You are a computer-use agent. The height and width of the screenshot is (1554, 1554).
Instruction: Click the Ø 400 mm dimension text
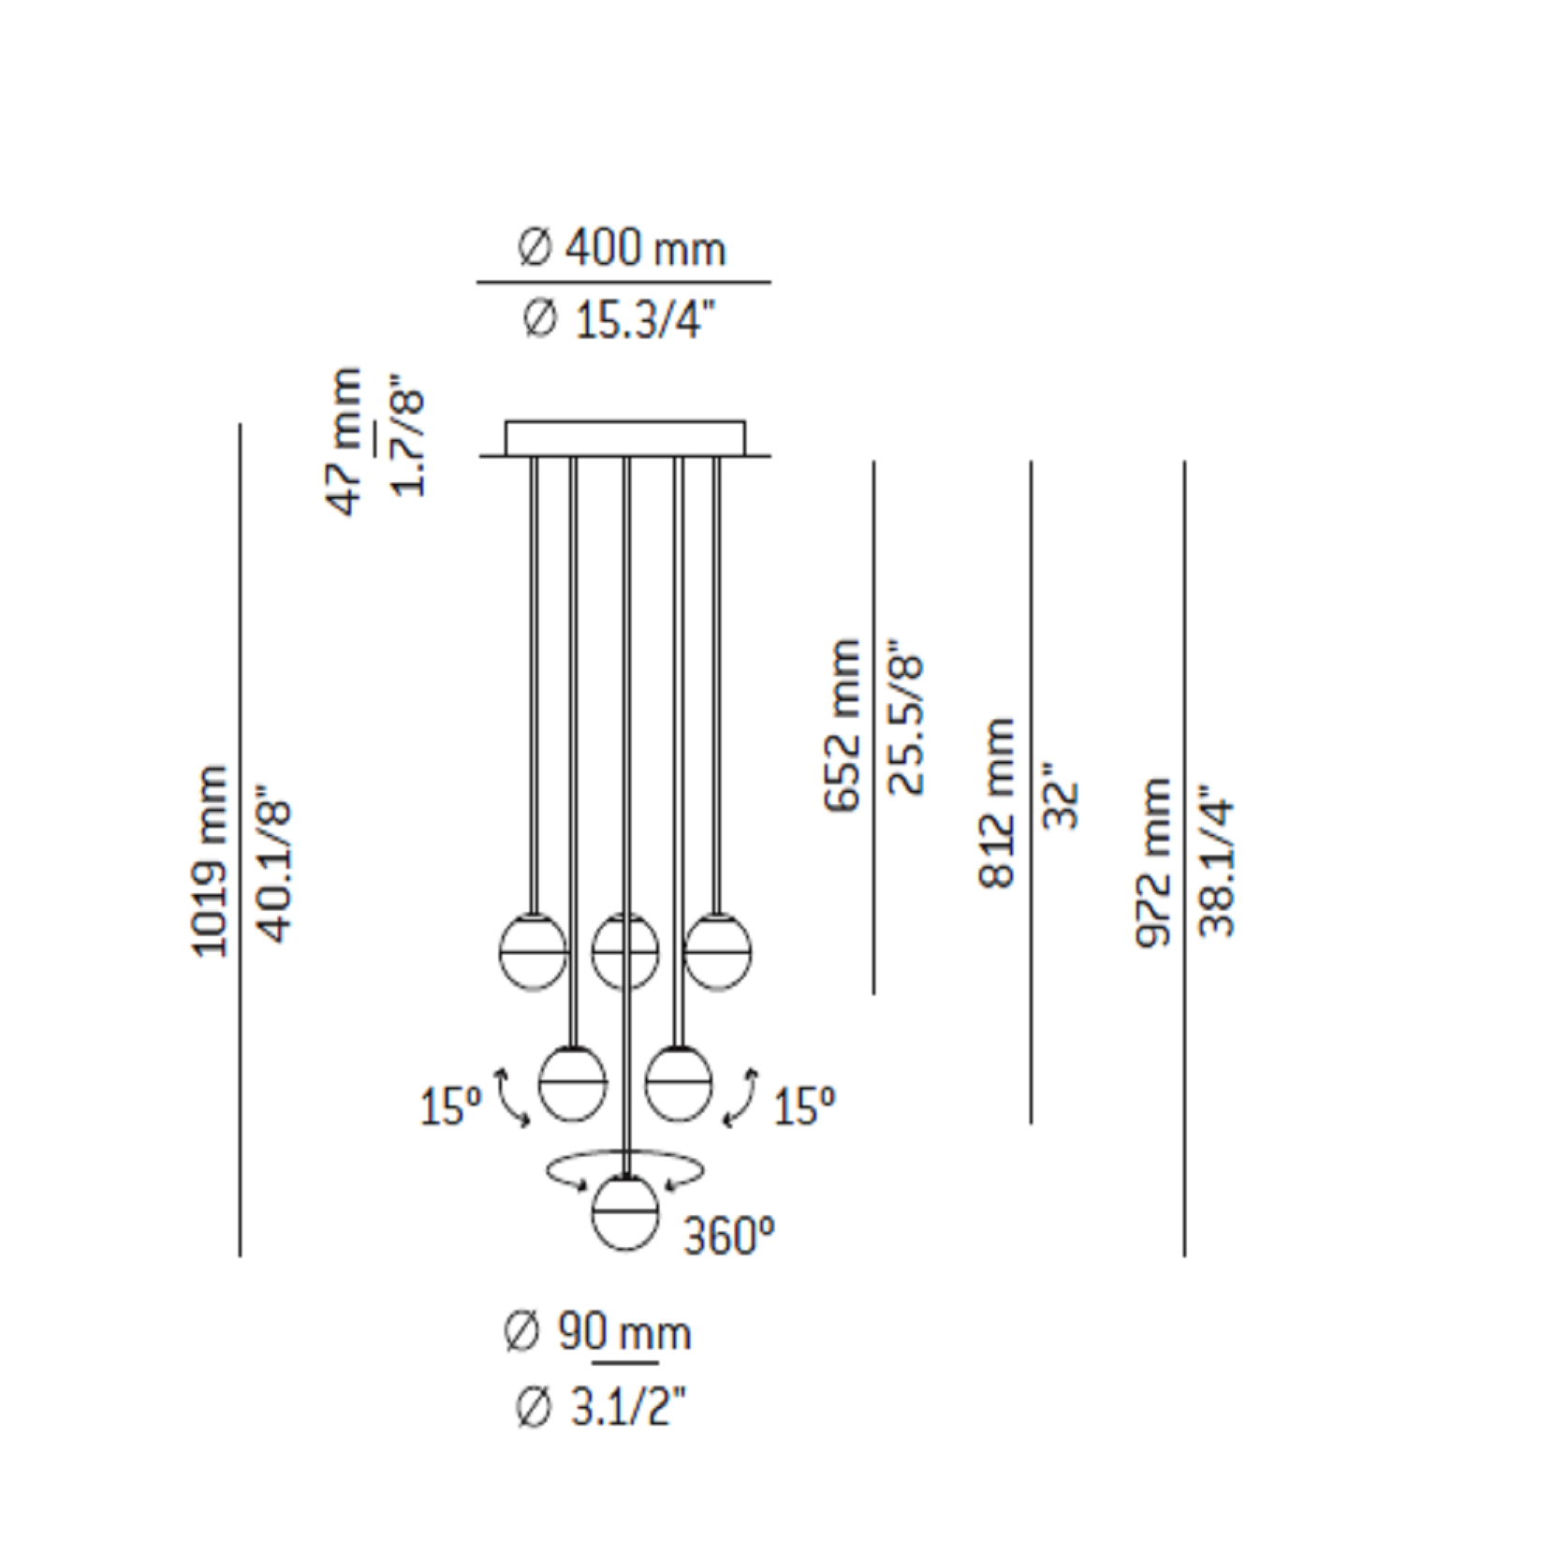(622, 249)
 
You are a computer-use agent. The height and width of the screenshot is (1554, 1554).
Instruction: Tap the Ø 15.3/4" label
(619, 321)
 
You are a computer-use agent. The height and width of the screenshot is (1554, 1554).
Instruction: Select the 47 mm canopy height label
(345, 441)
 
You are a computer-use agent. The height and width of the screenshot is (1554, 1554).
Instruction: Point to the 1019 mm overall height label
(210, 860)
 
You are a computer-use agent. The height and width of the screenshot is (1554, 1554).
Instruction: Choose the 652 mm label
(843, 726)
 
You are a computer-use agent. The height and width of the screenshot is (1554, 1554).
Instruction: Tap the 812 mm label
(996, 802)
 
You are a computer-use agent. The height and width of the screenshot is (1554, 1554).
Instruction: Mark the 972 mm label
(1153, 861)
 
